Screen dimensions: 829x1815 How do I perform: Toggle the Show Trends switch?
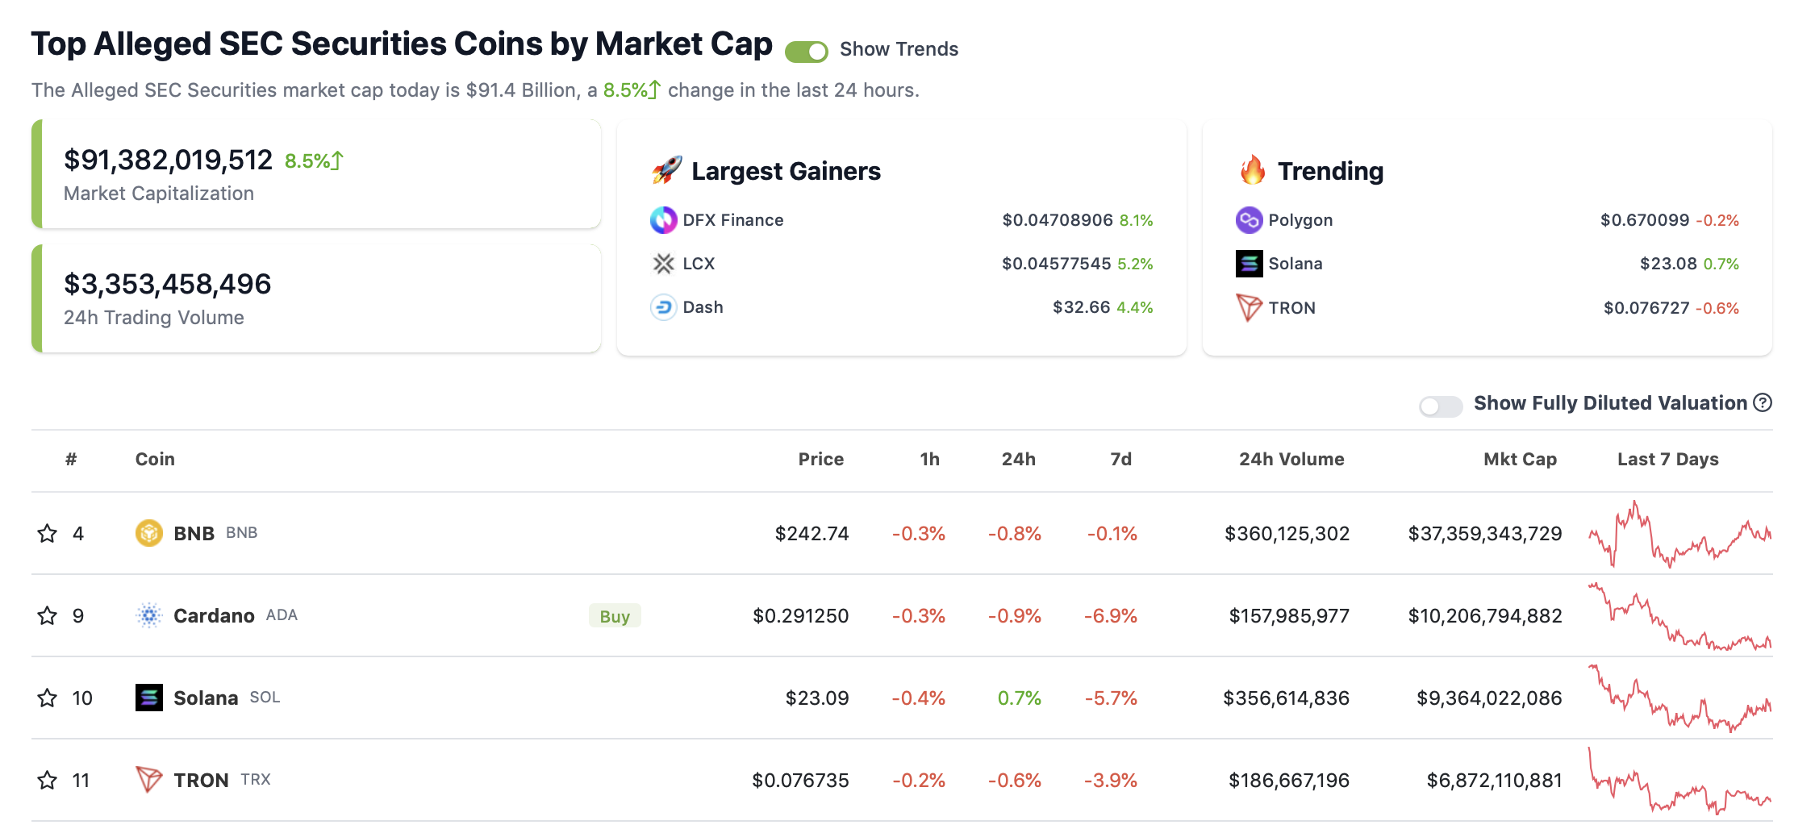click(x=806, y=52)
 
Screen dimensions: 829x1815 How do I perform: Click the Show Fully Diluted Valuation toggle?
click(x=1441, y=406)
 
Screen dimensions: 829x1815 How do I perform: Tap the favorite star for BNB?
click(x=48, y=534)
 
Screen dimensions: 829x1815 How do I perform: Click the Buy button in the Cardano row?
click(x=615, y=616)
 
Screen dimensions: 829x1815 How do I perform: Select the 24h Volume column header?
click(x=1291, y=459)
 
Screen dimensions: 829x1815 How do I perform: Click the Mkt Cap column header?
click(x=1520, y=459)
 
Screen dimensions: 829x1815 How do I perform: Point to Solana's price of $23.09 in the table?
click(x=816, y=698)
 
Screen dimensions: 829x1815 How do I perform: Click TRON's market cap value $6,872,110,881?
click(x=1494, y=780)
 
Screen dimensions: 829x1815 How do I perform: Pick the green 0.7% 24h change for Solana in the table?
click(x=1019, y=698)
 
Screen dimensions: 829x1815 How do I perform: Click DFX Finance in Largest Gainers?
click(x=732, y=220)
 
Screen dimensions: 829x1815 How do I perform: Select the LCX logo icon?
click(x=663, y=264)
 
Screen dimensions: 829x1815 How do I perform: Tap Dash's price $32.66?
click(x=1081, y=307)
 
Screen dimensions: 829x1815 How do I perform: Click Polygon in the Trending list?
click(x=1300, y=220)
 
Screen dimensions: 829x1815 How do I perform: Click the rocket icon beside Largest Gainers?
click(x=666, y=170)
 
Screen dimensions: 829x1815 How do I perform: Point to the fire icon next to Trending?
click(x=1253, y=170)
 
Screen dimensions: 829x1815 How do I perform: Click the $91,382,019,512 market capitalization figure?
click(x=168, y=160)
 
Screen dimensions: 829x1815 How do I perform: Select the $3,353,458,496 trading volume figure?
click(x=167, y=284)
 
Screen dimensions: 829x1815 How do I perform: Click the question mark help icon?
click(x=1763, y=402)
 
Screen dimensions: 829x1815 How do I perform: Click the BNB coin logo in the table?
click(x=148, y=533)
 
